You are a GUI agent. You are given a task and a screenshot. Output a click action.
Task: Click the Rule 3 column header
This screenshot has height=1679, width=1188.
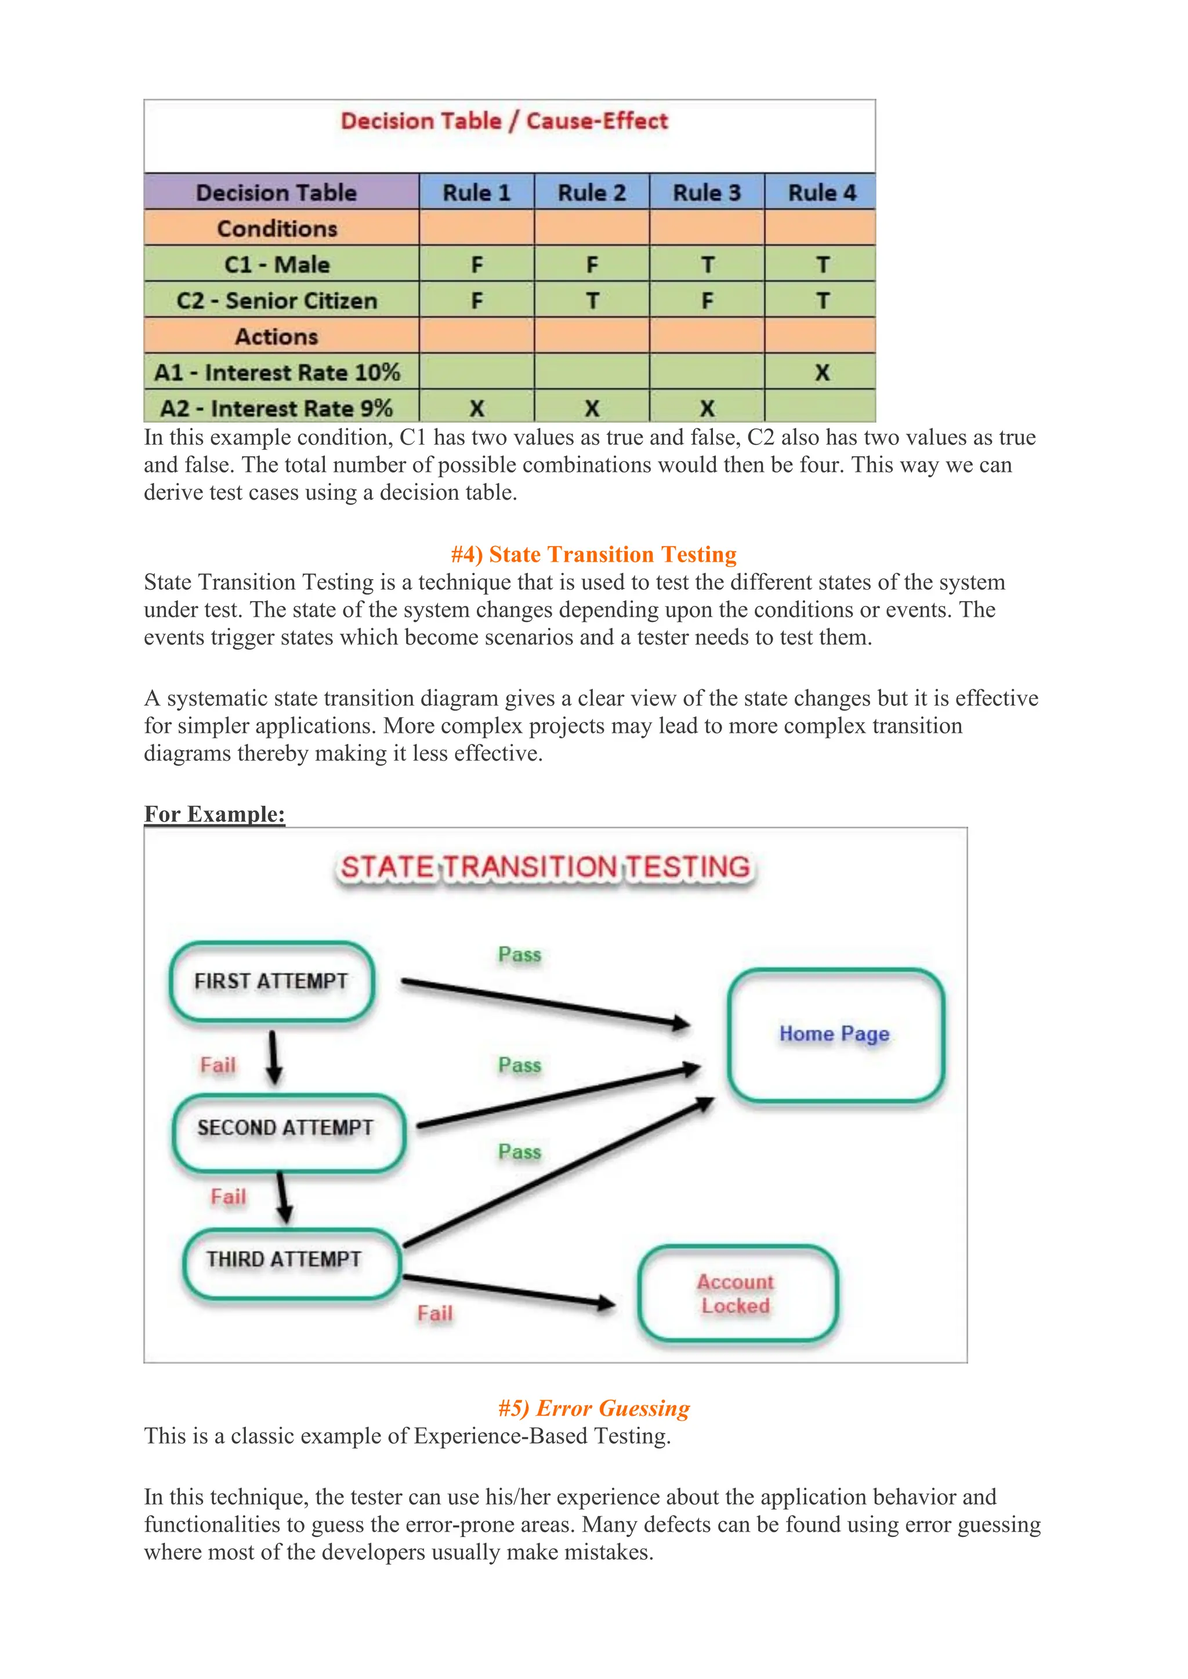tap(707, 193)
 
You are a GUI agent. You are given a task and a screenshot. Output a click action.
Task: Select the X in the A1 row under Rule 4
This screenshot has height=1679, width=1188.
tap(822, 372)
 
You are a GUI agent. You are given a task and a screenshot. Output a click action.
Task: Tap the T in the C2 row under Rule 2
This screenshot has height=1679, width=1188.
tap(592, 300)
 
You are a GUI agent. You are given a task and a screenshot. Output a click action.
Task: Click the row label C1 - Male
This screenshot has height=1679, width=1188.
tap(277, 265)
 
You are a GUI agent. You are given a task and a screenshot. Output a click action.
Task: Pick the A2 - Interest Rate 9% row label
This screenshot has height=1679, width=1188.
tap(277, 408)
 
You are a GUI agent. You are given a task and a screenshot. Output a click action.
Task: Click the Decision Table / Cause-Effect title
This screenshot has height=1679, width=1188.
tap(504, 121)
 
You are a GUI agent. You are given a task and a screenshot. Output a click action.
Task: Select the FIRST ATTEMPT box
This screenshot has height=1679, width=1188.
tap(271, 982)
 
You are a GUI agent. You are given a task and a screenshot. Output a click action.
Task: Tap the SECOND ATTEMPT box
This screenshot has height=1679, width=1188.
tap(286, 1128)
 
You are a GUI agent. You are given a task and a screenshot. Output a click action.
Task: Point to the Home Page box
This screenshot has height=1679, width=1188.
tap(835, 1034)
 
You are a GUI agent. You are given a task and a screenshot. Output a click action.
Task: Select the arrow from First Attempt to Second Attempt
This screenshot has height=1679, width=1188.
tap(274, 1057)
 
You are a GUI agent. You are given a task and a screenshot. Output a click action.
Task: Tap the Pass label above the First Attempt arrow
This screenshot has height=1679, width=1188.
tap(519, 954)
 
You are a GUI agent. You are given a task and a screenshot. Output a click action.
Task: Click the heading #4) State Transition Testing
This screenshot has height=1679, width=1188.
tap(593, 554)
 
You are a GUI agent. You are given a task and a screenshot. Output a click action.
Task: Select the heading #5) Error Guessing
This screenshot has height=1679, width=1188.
tap(593, 1408)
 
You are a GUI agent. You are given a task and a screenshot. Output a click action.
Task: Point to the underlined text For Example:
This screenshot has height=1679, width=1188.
tap(214, 814)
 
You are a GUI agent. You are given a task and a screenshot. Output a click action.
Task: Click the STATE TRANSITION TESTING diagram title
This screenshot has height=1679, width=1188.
tap(546, 867)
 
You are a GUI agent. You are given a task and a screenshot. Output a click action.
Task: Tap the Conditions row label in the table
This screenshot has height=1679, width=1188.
tap(277, 229)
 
